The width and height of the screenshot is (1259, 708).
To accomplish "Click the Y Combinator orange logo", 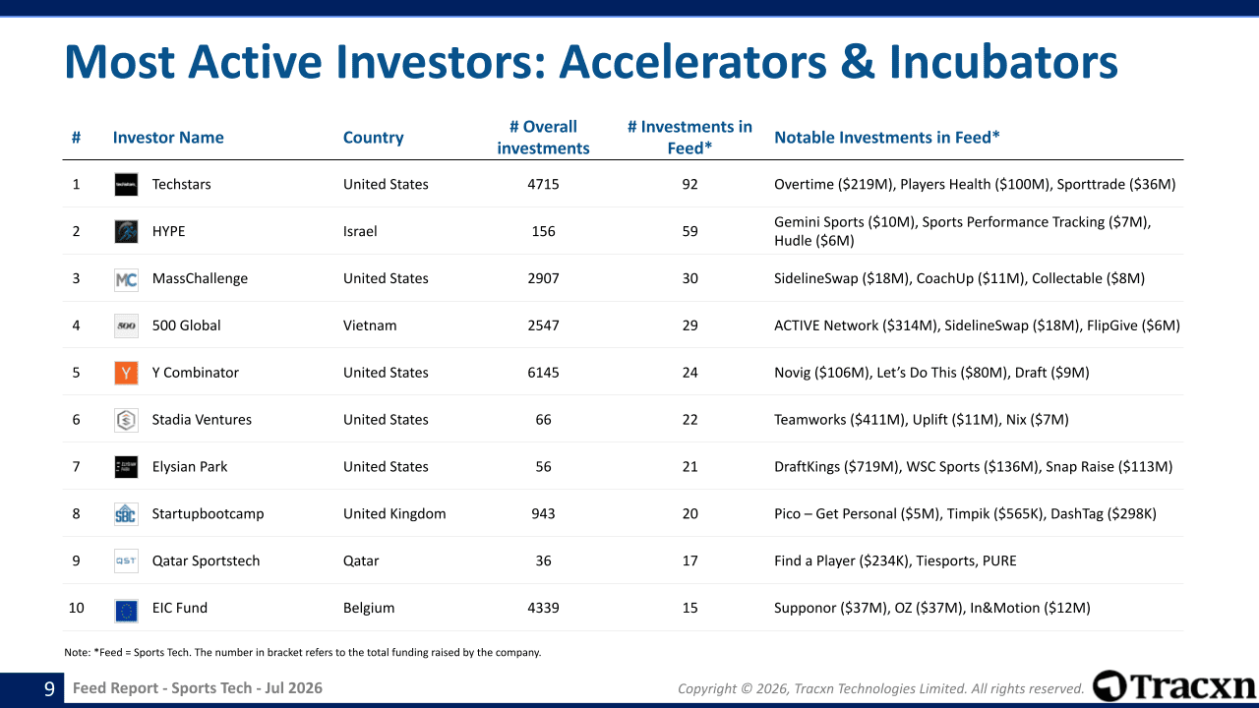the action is (126, 373).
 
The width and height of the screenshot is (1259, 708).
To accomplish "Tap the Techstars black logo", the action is (126, 184).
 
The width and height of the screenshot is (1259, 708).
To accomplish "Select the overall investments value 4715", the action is (543, 184).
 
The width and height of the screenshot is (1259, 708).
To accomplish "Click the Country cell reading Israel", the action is (360, 231).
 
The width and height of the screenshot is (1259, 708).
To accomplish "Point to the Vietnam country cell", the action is (370, 325).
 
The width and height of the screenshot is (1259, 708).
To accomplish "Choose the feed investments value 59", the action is (689, 231).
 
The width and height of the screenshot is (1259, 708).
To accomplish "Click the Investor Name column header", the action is (168, 138).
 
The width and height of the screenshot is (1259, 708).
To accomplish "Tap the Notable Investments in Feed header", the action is (887, 138).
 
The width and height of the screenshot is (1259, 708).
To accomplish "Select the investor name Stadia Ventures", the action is (202, 420).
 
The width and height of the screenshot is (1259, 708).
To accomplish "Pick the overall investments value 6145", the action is (543, 373).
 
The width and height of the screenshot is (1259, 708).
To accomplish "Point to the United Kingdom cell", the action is (394, 514).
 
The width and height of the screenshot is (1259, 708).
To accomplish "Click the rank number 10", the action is (76, 608).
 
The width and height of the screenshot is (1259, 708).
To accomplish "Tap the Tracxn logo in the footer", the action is (1173, 686).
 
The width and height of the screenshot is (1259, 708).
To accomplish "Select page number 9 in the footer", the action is (49, 688).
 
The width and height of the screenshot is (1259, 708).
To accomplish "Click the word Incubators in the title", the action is (1003, 62).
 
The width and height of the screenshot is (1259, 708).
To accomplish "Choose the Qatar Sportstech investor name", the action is (206, 560).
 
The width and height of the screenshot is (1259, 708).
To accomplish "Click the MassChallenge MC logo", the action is (126, 278).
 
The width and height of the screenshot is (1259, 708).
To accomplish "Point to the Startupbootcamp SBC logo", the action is (126, 514).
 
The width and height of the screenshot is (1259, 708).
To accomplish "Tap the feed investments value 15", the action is (689, 608).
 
